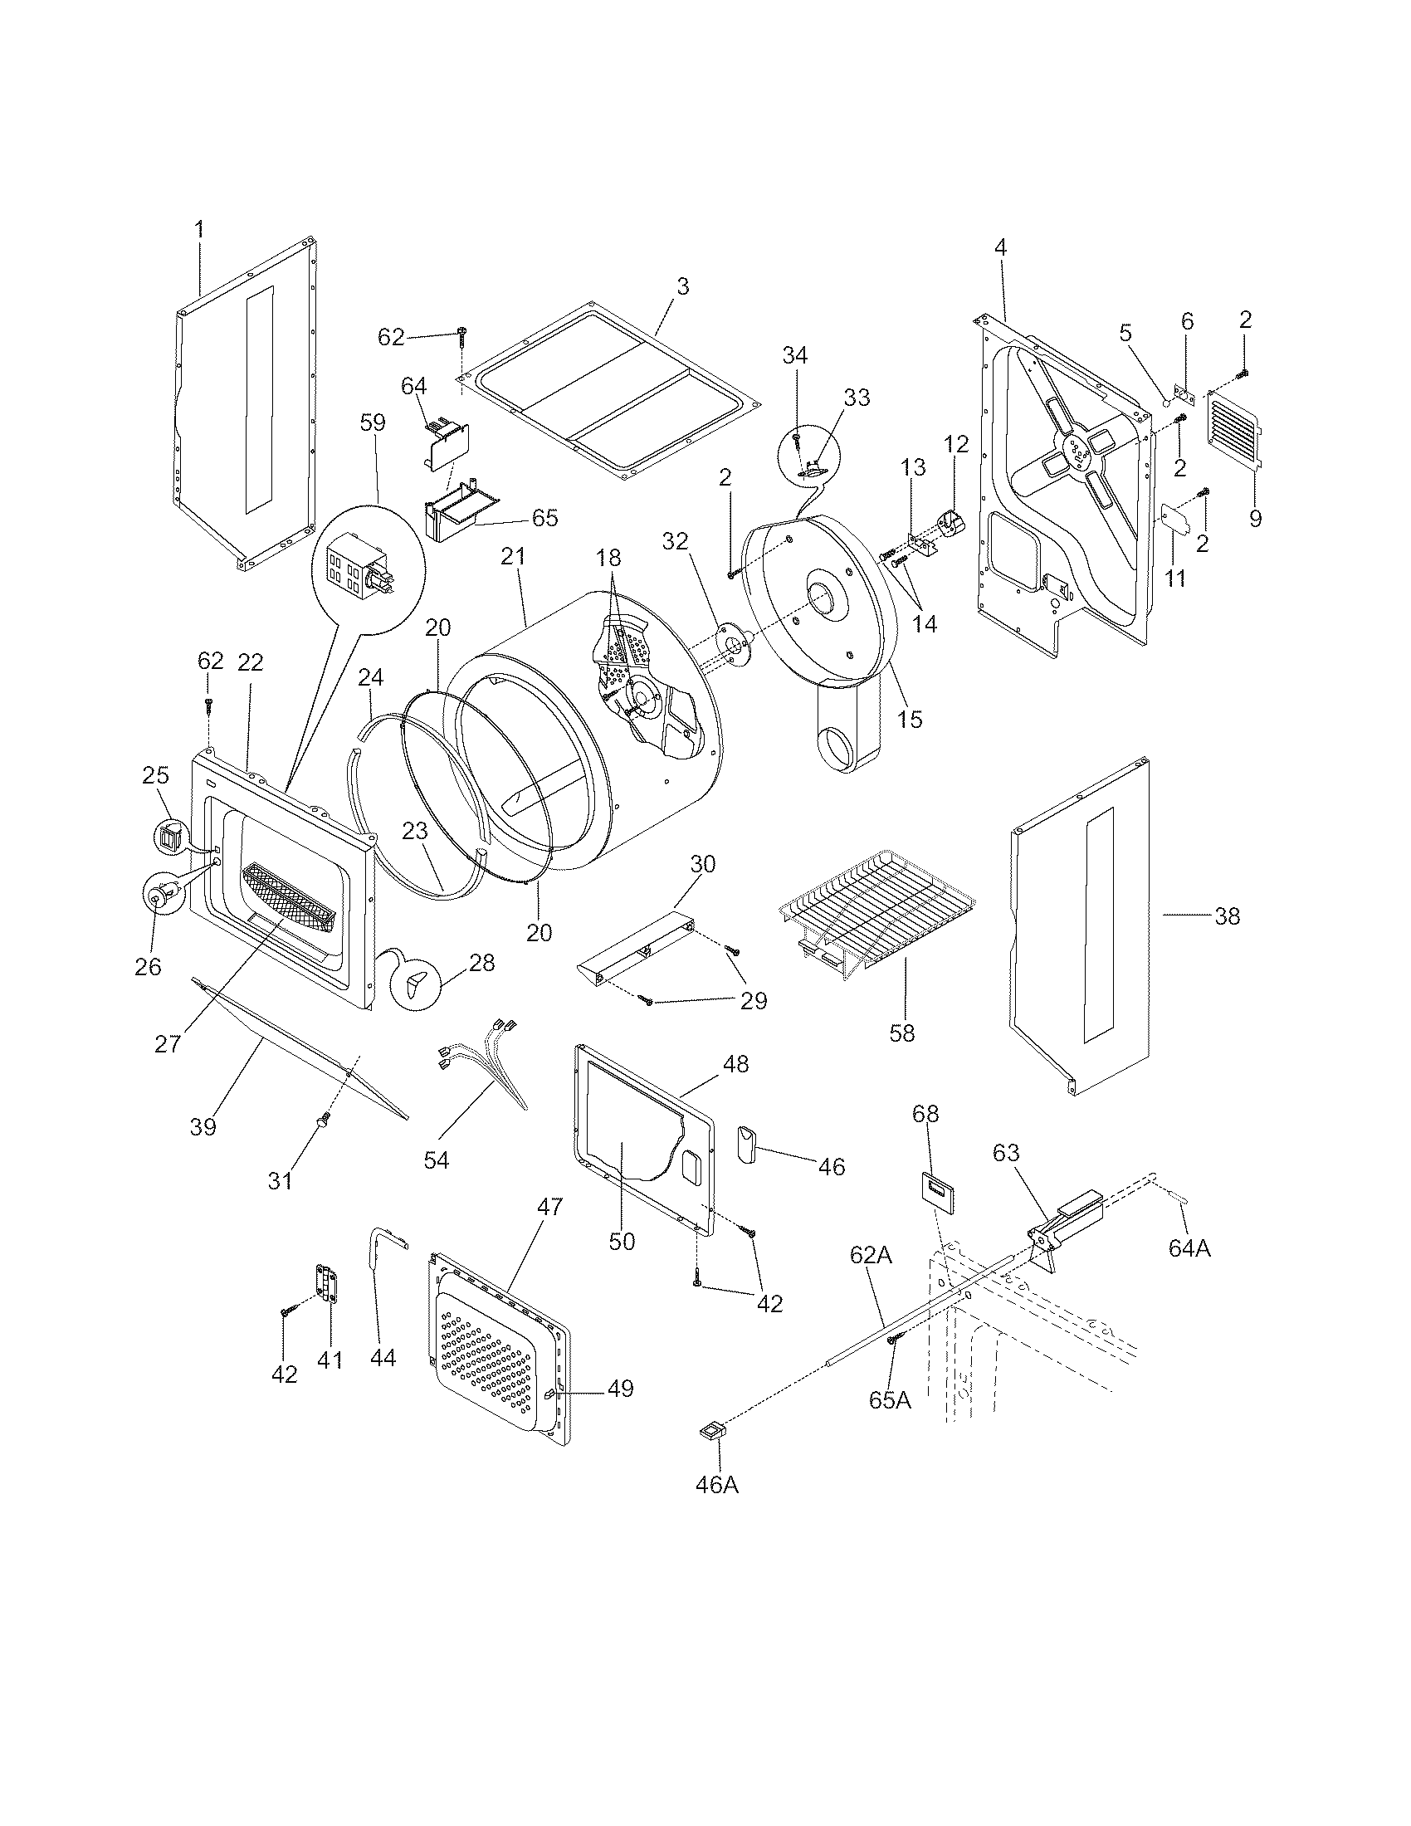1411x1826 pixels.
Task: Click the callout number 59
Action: tap(373, 422)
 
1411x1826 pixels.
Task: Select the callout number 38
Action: tap(1226, 916)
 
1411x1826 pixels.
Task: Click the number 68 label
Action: tap(925, 1114)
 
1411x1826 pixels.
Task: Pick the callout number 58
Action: tap(902, 1033)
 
